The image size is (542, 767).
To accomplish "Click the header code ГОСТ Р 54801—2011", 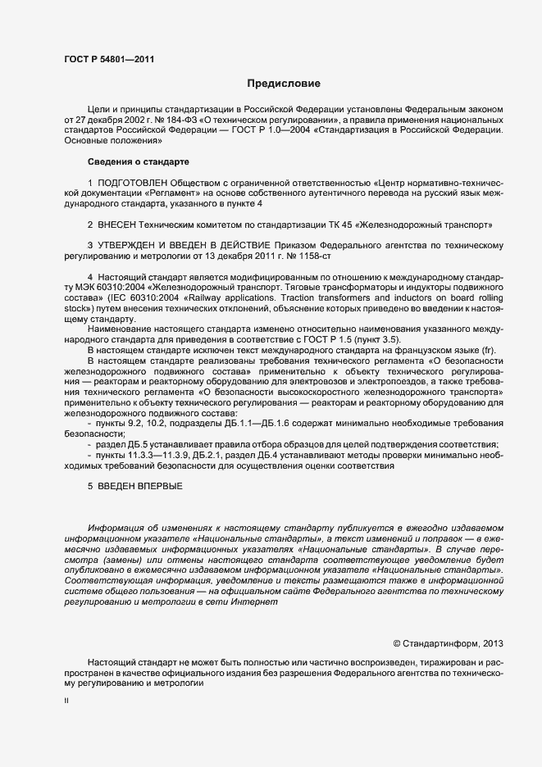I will click(108, 59).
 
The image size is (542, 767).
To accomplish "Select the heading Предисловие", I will click(283, 84).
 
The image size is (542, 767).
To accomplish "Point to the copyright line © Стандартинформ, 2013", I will click(449, 642).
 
